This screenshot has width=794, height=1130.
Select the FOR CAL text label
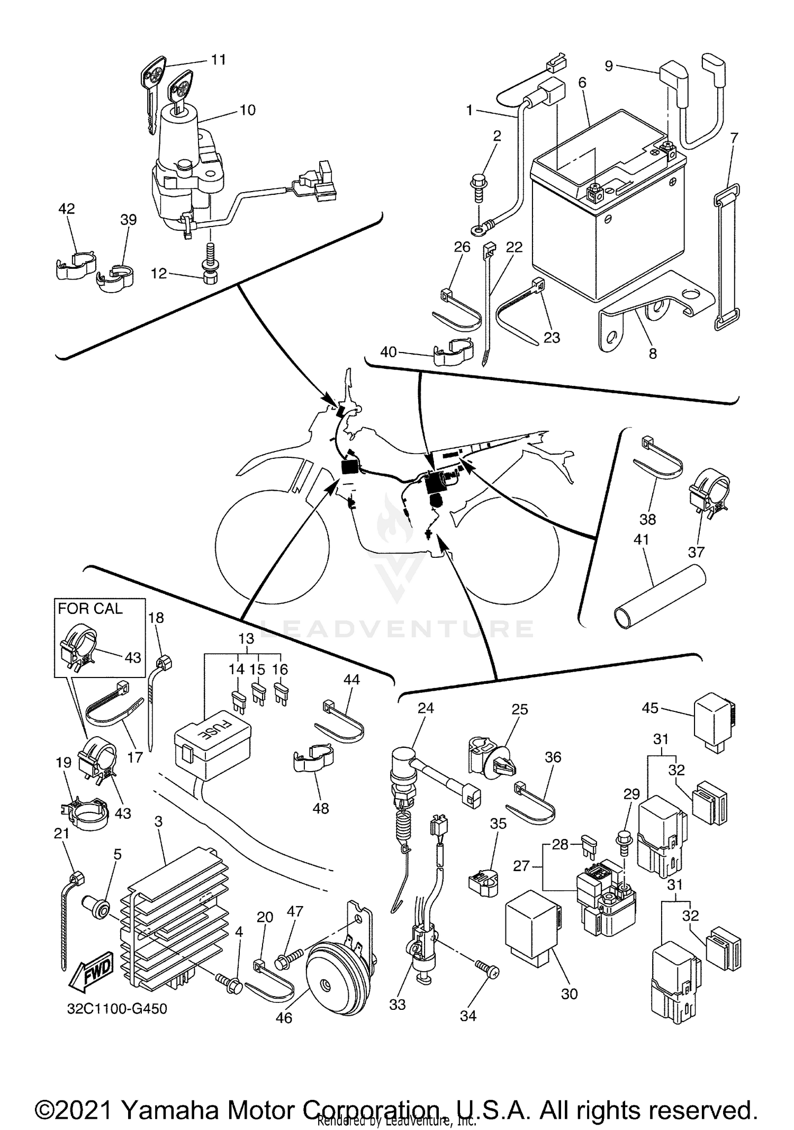click(90, 609)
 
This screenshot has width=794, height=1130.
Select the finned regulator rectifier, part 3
click(175, 921)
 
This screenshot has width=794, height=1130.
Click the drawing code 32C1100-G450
click(117, 1009)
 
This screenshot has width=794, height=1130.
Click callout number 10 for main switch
click(247, 110)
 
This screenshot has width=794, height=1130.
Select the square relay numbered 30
click(532, 924)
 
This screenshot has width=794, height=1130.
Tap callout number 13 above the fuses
click(246, 638)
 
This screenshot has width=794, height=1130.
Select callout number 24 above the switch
click(426, 708)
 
